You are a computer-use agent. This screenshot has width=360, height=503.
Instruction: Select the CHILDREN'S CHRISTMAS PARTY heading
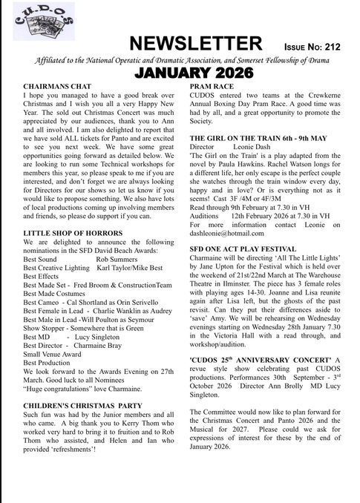click(x=81, y=407)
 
